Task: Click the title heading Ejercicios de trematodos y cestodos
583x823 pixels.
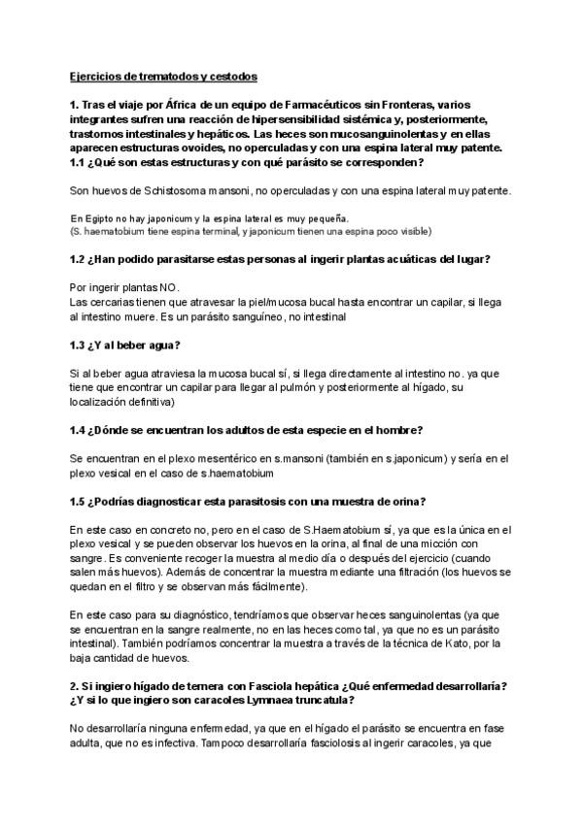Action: [x=163, y=75]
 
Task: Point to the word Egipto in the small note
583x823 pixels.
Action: [x=105, y=219]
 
